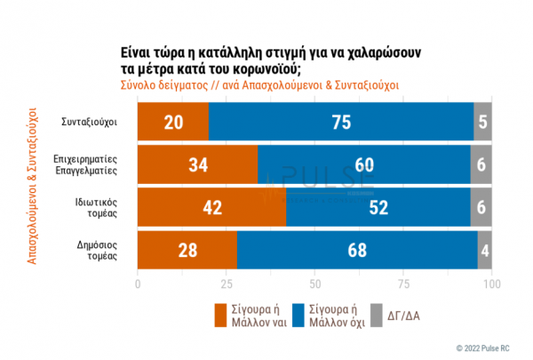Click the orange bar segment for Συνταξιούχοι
(x=173, y=121)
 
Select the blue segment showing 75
(x=341, y=121)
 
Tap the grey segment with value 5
(x=483, y=121)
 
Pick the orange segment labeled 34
(x=197, y=164)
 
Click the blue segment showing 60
(x=365, y=164)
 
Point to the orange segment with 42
(x=211, y=206)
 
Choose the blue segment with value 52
(x=379, y=206)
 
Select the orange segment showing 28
(x=187, y=249)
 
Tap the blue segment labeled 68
(x=357, y=249)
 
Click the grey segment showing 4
(x=485, y=249)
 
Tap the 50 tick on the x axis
(x=315, y=284)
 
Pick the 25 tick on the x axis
(x=227, y=284)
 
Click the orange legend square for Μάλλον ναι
(x=222, y=315)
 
